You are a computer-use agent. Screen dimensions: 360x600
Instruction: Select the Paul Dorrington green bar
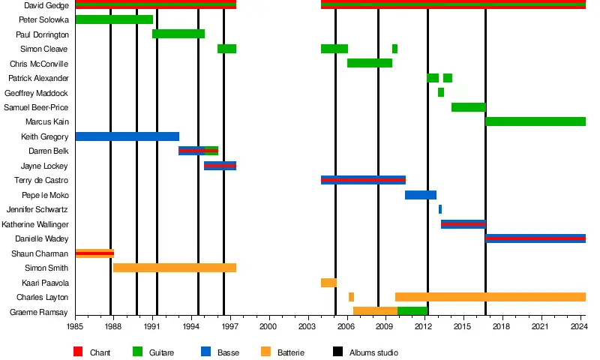(178, 34)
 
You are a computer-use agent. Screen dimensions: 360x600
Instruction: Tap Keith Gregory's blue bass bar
(127, 136)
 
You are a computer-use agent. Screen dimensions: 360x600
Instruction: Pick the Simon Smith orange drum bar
(175, 268)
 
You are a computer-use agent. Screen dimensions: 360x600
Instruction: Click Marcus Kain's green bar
(535, 121)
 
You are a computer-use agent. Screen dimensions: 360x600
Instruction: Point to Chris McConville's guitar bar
(370, 63)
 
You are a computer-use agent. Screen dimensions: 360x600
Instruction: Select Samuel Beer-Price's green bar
(468, 107)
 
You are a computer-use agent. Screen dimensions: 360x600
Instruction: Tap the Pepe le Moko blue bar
(421, 195)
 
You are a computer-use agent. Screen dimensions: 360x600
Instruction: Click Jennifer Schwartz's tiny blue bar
(440, 209)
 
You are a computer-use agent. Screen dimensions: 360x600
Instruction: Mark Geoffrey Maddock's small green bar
(441, 92)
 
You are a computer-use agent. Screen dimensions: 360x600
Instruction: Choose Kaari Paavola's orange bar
(328, 283)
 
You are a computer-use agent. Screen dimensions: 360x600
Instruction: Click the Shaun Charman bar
(94, 253)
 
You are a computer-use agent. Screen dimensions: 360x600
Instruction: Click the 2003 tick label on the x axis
(307, 326)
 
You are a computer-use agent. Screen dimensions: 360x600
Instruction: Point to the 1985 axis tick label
(75, 326)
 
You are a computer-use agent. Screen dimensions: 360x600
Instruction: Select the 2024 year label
(578, 326)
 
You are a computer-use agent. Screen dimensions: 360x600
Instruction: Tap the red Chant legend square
(78, 352)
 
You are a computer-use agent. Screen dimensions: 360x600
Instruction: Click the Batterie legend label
(291, 352)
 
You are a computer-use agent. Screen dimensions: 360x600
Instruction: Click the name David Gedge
(46, 5)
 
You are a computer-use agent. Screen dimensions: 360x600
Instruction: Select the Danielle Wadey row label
(41, 238)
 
